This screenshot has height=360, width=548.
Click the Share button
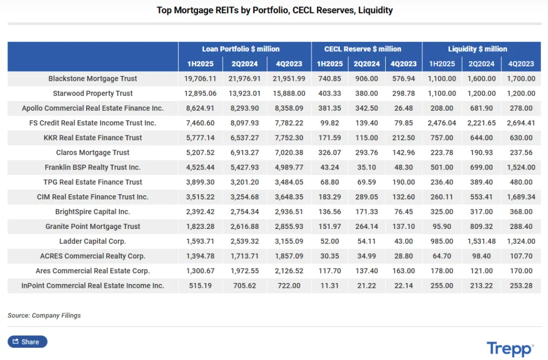(x=27, y=342)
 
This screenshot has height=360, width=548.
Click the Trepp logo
(x=509, y=349)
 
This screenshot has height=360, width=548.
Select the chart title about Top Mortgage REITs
(x=275, y=10)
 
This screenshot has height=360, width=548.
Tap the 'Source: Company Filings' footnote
(x=44, y=316)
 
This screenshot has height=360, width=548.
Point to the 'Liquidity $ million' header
(x=477, y=49)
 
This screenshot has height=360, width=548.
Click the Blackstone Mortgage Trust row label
(x=93, y=79)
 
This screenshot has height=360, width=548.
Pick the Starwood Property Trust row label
(x=93, y=94)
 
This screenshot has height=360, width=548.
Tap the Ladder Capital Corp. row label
(x=93, y=241)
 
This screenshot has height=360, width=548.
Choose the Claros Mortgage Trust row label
(x=93, y=152)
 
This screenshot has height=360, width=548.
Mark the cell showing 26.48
(x=403, y=108)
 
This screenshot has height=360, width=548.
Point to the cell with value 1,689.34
(x=521, y=197)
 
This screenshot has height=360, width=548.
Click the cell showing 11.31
(x=330, y=286)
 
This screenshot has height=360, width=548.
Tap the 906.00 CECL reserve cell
(x=367, y=79)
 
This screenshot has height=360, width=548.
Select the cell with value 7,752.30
(x=288, y=137)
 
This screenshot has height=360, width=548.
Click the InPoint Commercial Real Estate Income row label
(x=93, y=286)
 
